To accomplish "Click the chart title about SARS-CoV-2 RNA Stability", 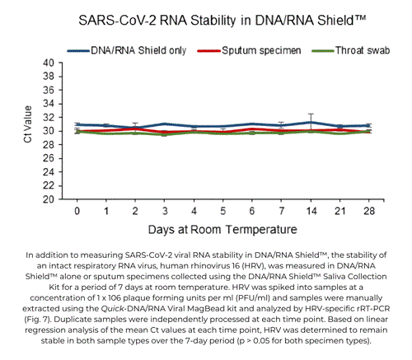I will (205, 17).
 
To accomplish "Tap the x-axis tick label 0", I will (77, 211).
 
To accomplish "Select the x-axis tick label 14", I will (309, 211).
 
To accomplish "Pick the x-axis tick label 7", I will (281, 211).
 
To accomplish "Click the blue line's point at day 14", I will (310, 122).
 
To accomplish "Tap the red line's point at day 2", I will (136, 129).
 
